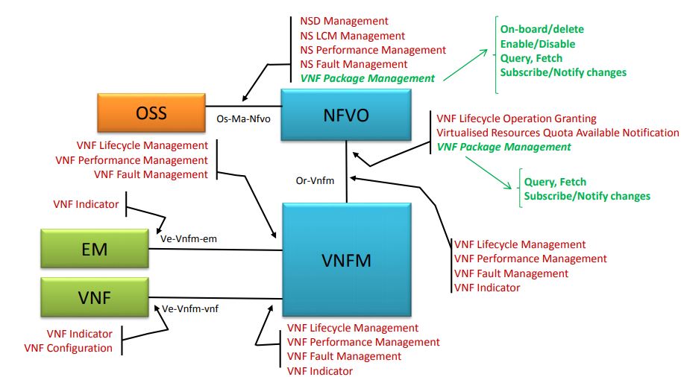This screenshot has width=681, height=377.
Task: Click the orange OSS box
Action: tap(151, 113)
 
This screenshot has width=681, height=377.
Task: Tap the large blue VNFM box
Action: tap(347, 261)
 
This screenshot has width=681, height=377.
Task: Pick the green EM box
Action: tap(95, 250)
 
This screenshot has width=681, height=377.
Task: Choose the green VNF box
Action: tap(95, 297)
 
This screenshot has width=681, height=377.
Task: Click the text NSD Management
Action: tap(345, 22)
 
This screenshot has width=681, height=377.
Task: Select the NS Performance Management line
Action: tap(373, 50)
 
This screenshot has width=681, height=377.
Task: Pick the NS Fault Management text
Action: tap(354, 64)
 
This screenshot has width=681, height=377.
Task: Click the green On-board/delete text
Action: tap(542, 29)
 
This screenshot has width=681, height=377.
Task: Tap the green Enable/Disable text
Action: tap(538, 44)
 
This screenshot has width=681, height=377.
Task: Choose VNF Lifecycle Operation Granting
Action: tap(516, 118)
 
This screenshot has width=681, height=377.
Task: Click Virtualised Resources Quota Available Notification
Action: tap(557, 133)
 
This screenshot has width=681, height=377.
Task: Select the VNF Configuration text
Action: tap(69, 348)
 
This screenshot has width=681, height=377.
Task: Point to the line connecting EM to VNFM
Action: tap(216, 249)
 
